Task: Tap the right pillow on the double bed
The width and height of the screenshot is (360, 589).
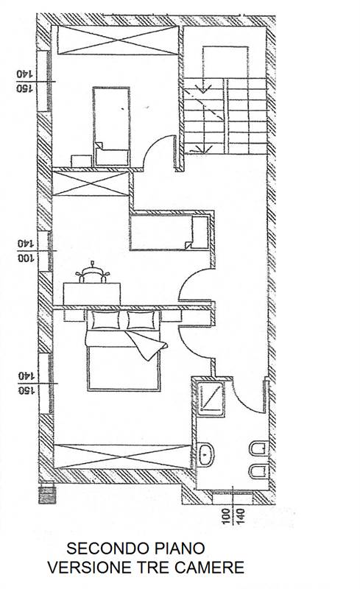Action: tap(141, 320)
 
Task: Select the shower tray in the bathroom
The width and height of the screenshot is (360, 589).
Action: tap(211, 399)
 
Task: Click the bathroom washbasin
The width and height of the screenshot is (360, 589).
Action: tap(206, 454)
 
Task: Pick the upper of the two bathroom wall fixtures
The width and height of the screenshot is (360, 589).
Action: tap(259, 448)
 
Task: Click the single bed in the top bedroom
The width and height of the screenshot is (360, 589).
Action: tap(112, 127)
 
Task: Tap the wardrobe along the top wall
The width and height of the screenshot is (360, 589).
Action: tap(118, 40)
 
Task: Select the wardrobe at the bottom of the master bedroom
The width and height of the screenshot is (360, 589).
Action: tap(122, 456)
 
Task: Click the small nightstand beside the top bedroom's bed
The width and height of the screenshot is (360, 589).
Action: tap(81, 161)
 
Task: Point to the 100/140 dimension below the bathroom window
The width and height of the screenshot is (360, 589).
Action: tap(233, 516)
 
